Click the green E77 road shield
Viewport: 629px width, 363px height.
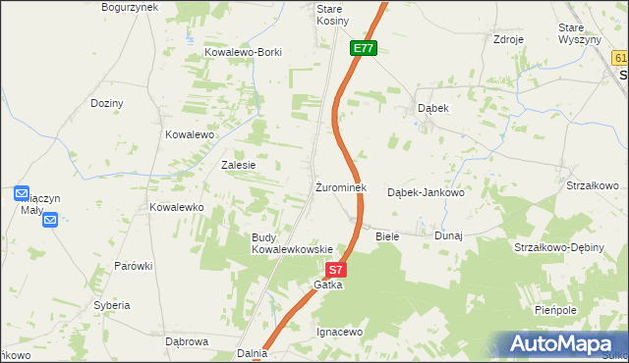pyautogui.click(x=363, y=47)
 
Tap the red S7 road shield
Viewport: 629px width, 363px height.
pyautogui.click(x=336, y=269)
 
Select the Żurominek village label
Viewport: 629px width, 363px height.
pyautogui.click(x=341, y=186)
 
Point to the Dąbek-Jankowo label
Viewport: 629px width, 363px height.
pyautogui.click(x=425, y=192)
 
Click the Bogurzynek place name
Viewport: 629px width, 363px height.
pyautogui.click(x=129, y=7)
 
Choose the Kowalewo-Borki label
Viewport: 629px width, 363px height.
pyautogui.click(x=243, y=53)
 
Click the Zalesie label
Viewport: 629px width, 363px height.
pyautogui.click(x=238, y=165)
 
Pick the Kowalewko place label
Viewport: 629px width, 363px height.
pyautogui.click(x=176, y=207)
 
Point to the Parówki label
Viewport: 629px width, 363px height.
pyautogui.click(x=133, y=266)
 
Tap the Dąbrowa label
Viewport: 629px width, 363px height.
pyautogui.click(x=187, y=341)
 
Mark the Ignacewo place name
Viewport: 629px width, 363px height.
pyautogui.click(x=340, y=332)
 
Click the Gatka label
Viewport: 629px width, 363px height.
pyautogui.click(x=327, y=285)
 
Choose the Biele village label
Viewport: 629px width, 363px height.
pyautogui.click(x=388, y=236)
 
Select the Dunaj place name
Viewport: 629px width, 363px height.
pyautogui.click(x=448, y=236)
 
